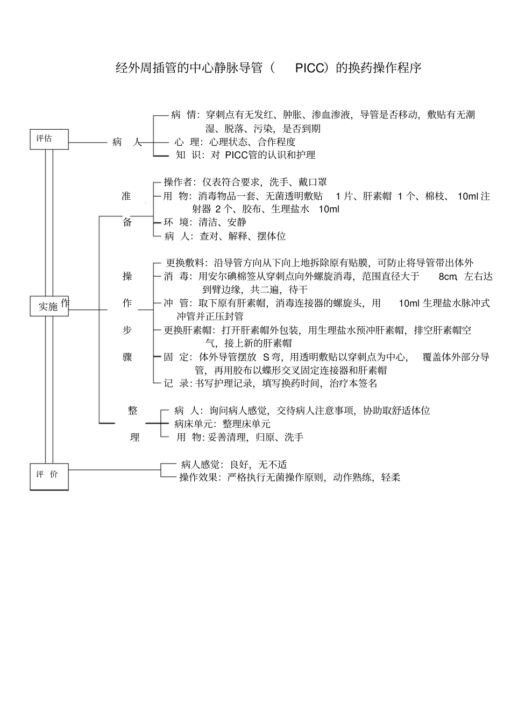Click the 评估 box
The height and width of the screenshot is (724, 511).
(x=49, y=139)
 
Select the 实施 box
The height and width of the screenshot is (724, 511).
(x=49, y=306)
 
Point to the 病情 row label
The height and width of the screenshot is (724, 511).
(x=183, y=115)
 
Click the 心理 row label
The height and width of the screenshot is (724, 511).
(x=187, y=142)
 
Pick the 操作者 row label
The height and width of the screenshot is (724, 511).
(x=180, y=182)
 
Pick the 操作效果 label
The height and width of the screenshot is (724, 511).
(x=199, y=477)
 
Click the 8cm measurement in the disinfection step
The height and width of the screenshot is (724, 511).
(x=448, y=277)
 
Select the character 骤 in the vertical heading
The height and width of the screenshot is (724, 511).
(x=127, y=357)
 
